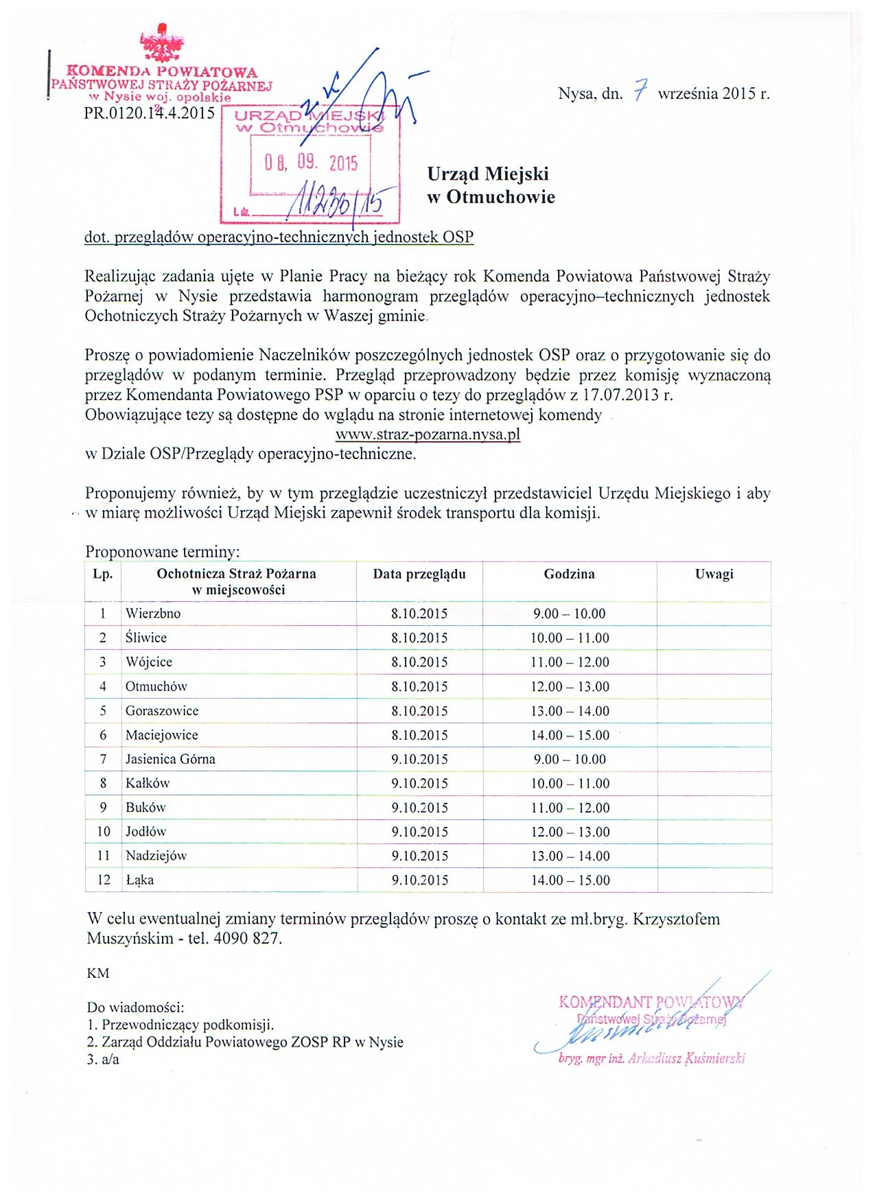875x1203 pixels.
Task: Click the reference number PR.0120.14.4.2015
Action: (149, 113)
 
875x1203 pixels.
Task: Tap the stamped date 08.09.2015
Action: (312, 163)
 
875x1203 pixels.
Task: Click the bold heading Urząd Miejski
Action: (487, 174)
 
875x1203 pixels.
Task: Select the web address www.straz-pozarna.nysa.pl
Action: (428, 434)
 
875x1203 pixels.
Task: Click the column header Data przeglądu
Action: (419, 574)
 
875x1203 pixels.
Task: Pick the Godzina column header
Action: (569, 574)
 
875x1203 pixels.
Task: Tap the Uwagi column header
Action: (714, 574)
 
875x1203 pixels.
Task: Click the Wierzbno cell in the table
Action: (153, 614)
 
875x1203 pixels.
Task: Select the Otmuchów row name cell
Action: (156, 686)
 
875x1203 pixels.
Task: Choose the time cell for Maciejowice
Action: (570, 735)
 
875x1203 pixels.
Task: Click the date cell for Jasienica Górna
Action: (419, 759)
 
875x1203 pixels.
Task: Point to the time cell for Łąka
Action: (570, 880)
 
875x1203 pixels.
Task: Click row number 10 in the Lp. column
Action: (103, 832)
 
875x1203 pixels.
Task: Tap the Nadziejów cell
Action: (156, 856)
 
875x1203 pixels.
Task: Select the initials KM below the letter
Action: (97, 973)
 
